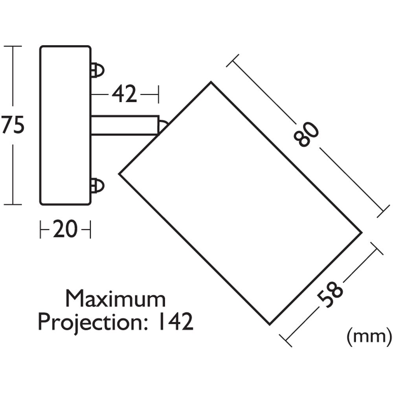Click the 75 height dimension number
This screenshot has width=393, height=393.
pos(13,125)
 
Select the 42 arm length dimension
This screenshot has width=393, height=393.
pos(124,94)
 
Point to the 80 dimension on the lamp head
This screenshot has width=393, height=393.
pos(306,134)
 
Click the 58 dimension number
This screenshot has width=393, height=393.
pos(329,294)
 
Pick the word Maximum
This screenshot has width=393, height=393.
pos(116,299)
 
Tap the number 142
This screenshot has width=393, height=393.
pos(176,321)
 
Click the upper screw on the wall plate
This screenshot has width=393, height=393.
pos(97,70)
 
